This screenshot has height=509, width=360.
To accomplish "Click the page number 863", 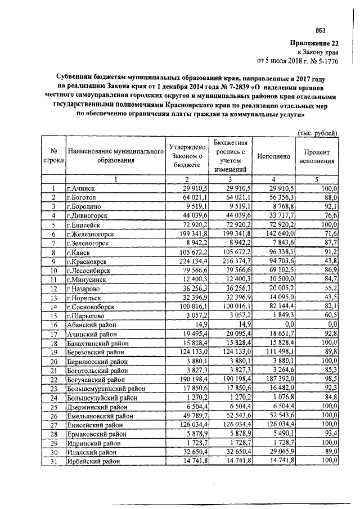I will [321, 31].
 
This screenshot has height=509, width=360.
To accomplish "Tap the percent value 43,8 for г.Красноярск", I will [328, 262].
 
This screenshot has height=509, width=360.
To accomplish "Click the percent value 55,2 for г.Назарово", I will [328, 289].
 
